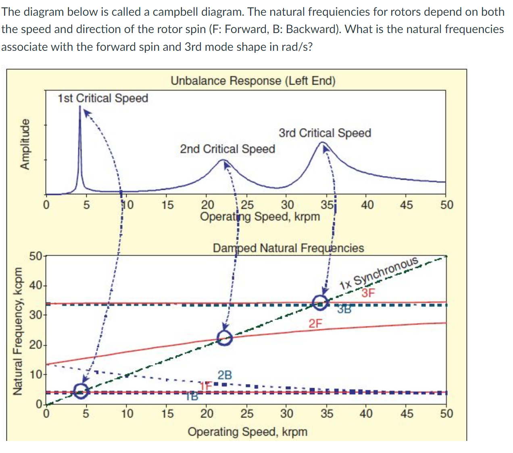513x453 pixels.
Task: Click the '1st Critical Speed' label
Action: [x=103, y=98]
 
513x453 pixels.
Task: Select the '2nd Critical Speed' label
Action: [x=227, y=149]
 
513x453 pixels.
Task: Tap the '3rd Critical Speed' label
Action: [x=325, y=133]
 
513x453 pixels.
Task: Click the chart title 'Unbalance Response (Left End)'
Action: [x=253, y=81]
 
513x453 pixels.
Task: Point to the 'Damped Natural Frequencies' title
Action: [x=288, y=248]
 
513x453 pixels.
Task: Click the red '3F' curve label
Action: [x=368, y=293]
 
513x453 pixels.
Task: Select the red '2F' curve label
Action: [x=316, y=323]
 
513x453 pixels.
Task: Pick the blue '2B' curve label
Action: [x=225, y=375]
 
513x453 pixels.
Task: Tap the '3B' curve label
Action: [x=344, y=310]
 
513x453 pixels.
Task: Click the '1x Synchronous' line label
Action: [x=379, y=273]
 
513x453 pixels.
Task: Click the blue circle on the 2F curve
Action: [x=225, y=338]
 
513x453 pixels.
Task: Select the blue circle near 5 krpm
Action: [x=81, y=390]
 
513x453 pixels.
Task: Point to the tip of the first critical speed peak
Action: [x=80, y=106]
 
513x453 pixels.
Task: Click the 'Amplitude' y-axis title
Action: [x=25, y=144]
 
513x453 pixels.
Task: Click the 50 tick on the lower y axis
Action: [x=35, y=256]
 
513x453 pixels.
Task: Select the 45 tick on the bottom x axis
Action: [x=407, y=414]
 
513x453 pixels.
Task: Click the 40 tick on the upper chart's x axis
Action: [x=367, y=205]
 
